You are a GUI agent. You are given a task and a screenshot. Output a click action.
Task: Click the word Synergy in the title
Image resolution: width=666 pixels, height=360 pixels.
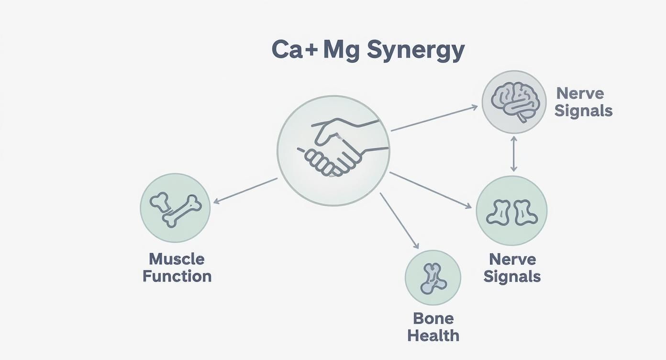(415, 51)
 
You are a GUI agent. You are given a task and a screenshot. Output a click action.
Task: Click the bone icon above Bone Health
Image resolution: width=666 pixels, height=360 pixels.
(433, 278)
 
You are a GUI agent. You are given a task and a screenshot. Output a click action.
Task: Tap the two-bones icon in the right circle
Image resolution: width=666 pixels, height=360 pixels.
(511, 212)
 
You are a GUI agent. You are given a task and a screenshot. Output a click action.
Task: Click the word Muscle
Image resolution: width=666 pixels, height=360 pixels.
(177, 259)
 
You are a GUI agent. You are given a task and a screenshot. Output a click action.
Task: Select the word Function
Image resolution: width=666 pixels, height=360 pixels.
(177, 276)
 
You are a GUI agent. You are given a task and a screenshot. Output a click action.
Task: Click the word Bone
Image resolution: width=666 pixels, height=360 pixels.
(433, 318)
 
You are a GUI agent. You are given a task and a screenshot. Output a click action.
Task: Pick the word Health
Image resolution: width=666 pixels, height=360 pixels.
(433, 335)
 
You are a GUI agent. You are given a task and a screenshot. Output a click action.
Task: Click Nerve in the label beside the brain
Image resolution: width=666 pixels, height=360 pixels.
(580, 93)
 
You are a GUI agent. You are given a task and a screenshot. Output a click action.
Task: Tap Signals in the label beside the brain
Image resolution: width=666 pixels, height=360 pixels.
(583, 111)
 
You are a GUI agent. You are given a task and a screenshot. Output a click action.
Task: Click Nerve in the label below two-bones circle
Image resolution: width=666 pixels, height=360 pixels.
(512, 259)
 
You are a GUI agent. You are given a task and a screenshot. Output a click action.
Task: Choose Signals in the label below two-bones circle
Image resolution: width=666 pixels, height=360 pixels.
(512, 276)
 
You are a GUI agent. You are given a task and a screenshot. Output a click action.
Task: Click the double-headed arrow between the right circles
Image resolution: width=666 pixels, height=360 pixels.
(513, 153)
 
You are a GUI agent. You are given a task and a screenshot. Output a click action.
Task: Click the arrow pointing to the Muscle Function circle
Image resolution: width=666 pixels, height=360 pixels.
(245, 191)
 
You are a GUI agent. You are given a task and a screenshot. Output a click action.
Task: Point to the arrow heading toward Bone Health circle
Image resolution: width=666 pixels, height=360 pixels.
(400, 221)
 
